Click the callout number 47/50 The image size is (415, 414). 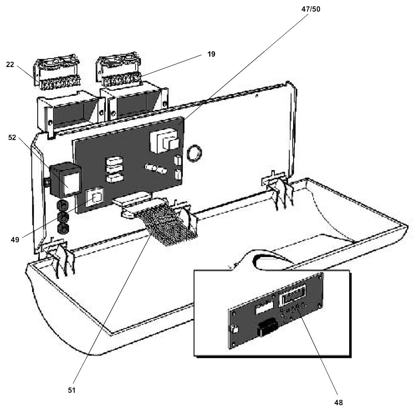point(310,9)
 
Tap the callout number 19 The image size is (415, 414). point(211,54)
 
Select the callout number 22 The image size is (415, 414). point(10,65)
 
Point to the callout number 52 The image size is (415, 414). point(12,138)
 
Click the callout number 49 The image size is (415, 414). point(15,240)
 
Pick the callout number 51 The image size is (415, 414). point(72,390)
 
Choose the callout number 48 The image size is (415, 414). point(338,403)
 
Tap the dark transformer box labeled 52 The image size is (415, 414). point(65,180)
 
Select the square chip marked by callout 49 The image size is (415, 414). point(95,197)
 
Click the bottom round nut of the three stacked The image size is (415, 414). point(63,229)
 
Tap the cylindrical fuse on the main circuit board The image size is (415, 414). point(156,168)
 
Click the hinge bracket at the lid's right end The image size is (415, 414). point(278,189)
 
